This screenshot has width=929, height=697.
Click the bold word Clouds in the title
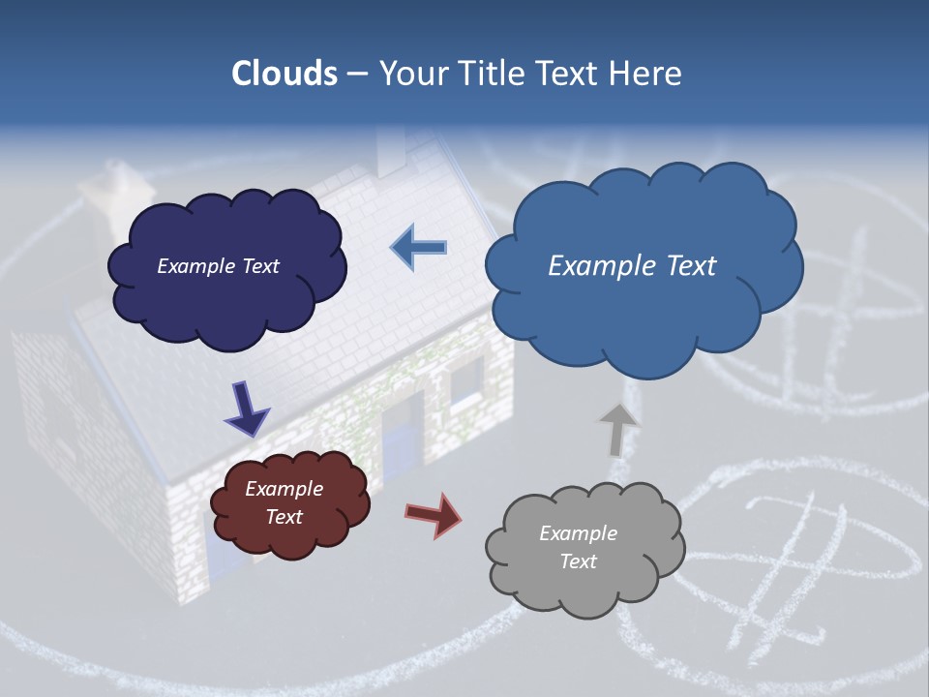[285, 74]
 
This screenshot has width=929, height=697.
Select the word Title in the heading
[492, 74]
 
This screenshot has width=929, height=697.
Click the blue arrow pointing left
[420, 248]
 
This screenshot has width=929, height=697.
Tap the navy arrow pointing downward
[246, 409]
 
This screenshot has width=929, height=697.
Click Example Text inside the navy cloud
[218, 266]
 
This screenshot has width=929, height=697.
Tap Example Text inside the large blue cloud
[632, 266]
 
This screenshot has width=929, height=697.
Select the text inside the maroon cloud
[284, 502]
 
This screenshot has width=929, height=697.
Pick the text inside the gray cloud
[578, 547]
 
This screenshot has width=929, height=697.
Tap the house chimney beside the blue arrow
[391, 151]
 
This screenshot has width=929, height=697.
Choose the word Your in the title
[411, 74]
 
